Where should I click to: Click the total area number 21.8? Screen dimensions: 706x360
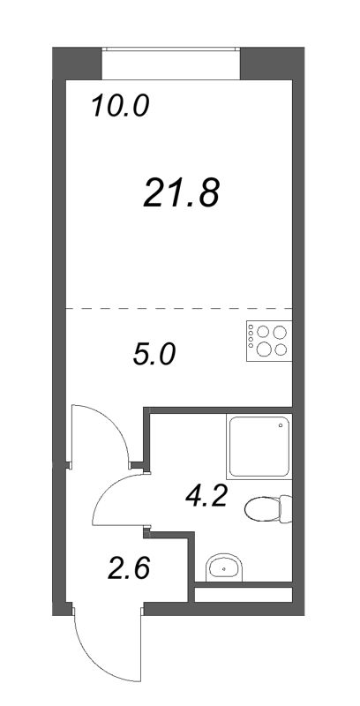click(x=180, y=192)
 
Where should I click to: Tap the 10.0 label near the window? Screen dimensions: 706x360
click(x=121, y=107)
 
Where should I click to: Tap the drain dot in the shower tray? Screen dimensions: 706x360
click(x=281, y=425)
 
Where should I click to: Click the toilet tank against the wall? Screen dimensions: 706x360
click(x=285, y=508)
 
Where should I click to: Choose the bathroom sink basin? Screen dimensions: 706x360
click(x=224, y=569)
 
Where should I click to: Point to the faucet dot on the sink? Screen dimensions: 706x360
click(x=224, y=571)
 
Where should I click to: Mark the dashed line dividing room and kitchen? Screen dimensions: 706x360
click(x=176, y=307)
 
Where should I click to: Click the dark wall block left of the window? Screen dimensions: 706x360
click(x=75, y=62)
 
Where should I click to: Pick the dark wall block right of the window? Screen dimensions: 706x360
click(x=268, y=62)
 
